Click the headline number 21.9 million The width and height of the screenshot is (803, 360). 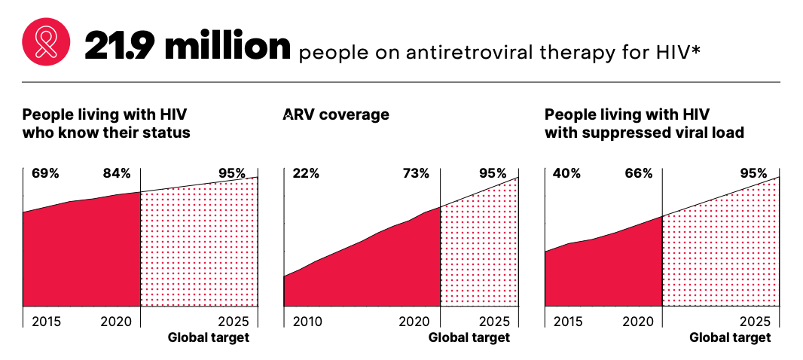[x=188, y=46]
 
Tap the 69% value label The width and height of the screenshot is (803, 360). [x=45, y=173]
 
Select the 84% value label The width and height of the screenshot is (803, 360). [x=117, y=173]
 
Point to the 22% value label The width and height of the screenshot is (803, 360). [x=306, y=173]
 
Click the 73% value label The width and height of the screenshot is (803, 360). [x=415, y=173]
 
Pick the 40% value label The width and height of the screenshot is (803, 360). [x=566, y=173]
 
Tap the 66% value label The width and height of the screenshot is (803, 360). [x=638, y=173]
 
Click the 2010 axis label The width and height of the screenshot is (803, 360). [x=307, y=322]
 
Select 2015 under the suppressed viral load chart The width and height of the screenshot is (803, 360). [x=568, y=322]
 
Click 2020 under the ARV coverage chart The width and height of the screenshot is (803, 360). [x=414, y=322]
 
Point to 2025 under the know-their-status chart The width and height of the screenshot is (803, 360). [x=233, y=322]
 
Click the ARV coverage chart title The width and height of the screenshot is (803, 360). [x=336, y=115]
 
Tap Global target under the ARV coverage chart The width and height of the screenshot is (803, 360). [x=469, y=337]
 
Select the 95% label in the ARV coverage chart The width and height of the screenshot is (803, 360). [x=493, y=173]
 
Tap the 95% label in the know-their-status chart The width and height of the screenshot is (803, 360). [x=232, y=173]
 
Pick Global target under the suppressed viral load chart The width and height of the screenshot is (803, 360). [x=730, y=337]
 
